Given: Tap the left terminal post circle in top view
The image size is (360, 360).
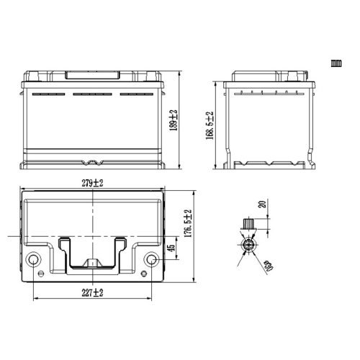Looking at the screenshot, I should tap(33, 260).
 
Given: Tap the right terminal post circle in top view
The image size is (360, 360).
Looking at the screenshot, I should tap(151, 260).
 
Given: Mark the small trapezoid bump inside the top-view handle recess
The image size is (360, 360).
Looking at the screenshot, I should tap(92, 264).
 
